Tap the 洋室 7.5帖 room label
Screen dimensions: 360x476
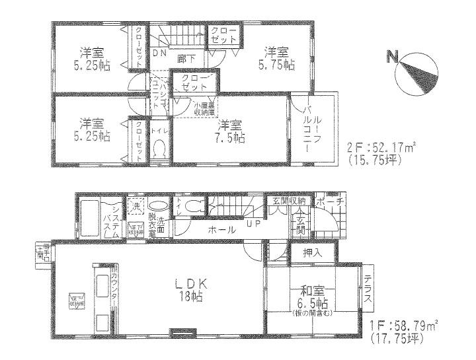pyautogui.click(x=231, y=131)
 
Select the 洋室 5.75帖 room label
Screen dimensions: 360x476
pyautogui.click(x=277, y=57)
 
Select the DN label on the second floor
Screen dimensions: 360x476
pyautogui.click(x=159, y=53)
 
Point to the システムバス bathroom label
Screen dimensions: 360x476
pyautogui.click(x=112, y=219)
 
